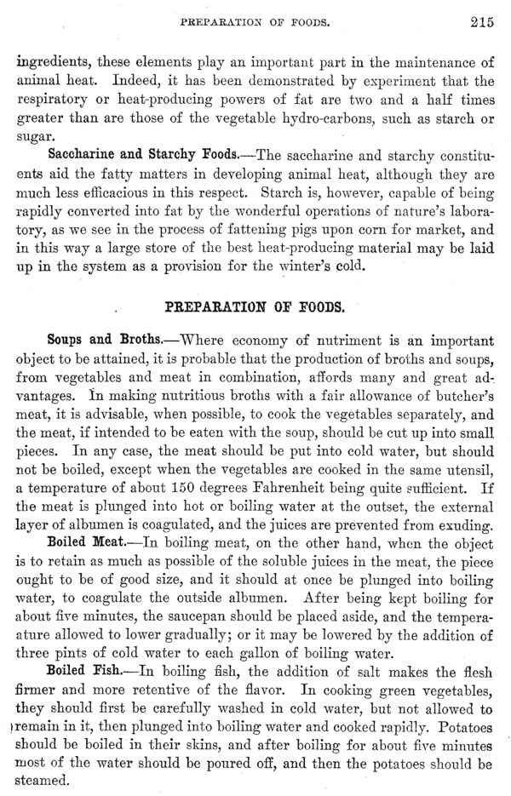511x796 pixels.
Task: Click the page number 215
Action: point(481,23)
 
